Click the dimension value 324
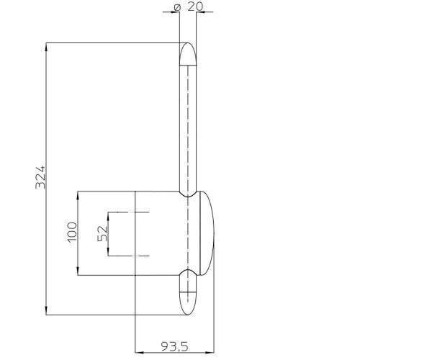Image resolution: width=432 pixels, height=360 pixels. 40,177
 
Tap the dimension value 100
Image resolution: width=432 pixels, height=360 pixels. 72,232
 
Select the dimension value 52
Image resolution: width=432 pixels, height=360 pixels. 102,233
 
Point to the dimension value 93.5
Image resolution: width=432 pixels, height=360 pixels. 174,346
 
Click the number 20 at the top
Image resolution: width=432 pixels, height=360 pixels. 195,6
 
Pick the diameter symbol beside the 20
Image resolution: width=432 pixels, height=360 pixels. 177,7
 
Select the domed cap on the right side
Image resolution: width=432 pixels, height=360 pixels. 207,233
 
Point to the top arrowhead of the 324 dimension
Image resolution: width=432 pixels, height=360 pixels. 46,47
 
